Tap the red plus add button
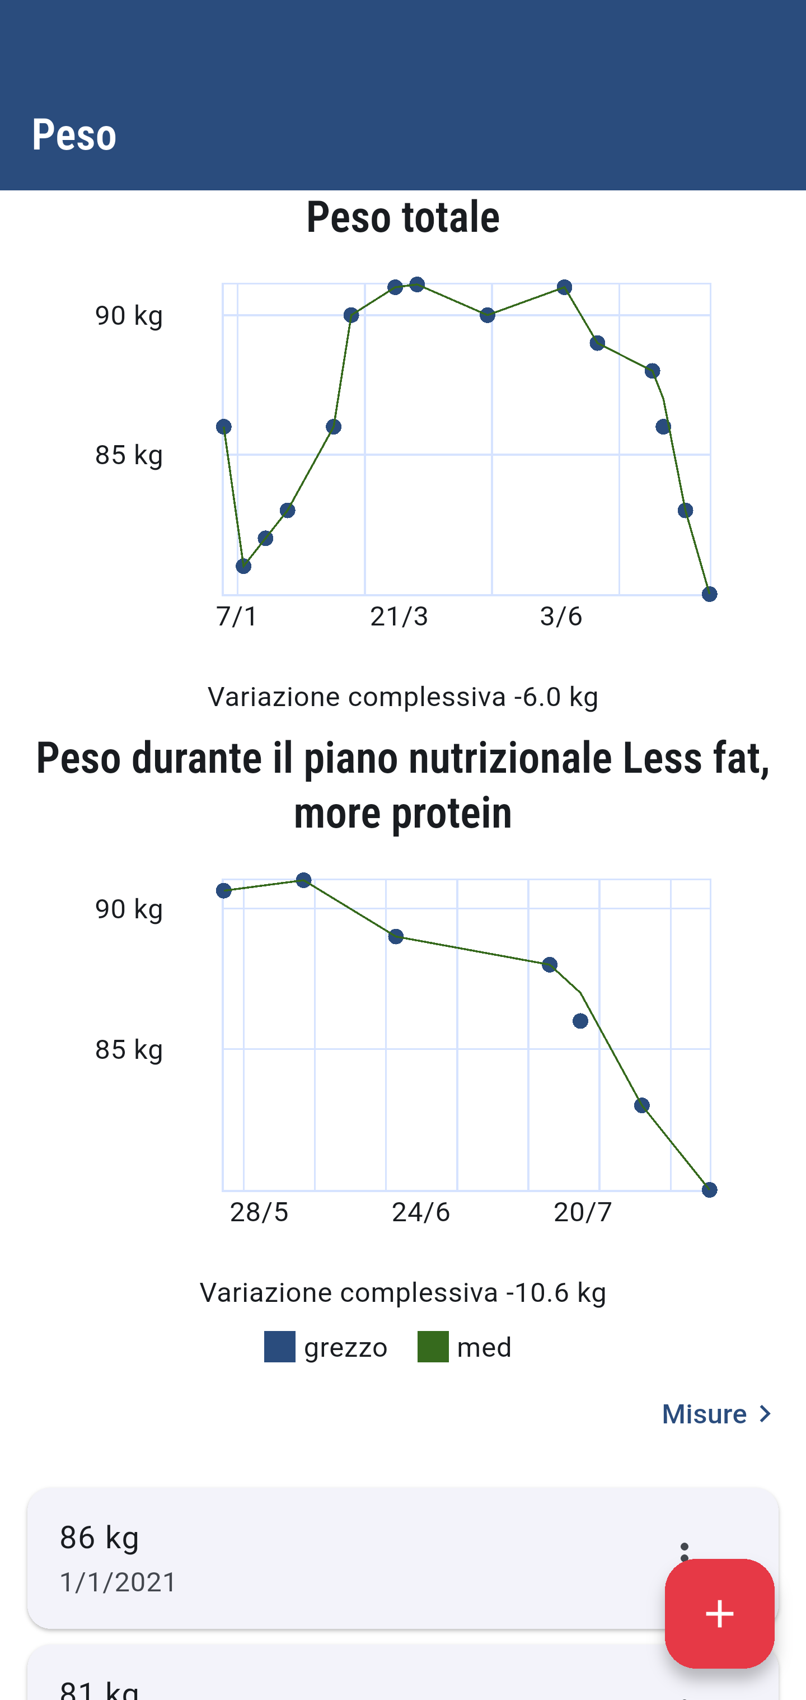coord(719,1614)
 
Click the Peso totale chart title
coord(403,217)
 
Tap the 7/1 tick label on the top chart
coord(237,617)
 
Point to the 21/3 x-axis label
coord(399,617)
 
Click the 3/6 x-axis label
coord(561,617)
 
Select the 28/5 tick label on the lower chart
coord(259,1212)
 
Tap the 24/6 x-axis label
coord(421,1212)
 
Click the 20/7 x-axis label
coord(583,1212)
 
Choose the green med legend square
coord(433,1347)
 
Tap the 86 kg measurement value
coord(100,1538)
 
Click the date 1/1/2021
coord(118,1582)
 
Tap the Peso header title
coord(74,134)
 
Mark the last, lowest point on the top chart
coord(709,595)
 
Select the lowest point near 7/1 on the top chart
coord(243,566)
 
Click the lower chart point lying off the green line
coord(580,1021)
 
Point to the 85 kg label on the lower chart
coord(129,1049)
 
